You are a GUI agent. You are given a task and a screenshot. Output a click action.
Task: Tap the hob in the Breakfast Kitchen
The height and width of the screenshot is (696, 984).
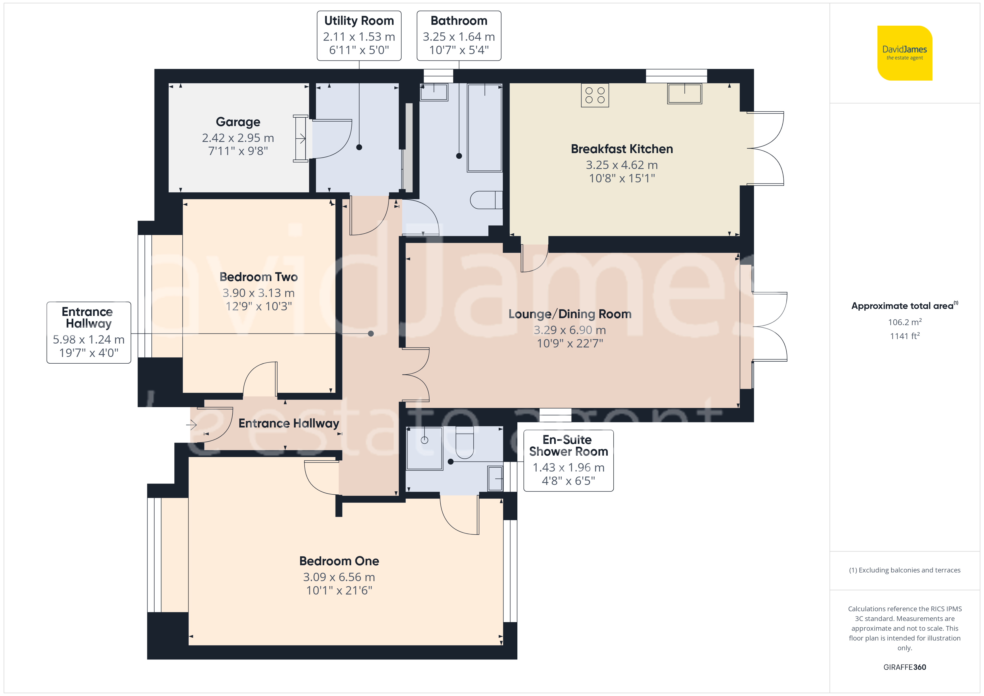coord(595,95)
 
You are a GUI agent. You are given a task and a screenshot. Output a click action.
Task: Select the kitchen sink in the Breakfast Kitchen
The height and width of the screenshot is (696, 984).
coord(684,93)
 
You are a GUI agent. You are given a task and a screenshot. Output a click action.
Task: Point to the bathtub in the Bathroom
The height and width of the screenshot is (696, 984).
coord(485,128)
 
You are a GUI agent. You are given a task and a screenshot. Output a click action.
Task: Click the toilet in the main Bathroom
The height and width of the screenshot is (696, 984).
coord(486,200)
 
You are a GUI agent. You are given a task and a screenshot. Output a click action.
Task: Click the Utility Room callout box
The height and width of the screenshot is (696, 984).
coord(359,36)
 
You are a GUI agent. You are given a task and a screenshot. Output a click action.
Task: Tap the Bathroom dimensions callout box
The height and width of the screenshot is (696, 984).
coord(459,36)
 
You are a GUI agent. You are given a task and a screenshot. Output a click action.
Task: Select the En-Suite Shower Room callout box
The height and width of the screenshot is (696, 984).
coord(569,461)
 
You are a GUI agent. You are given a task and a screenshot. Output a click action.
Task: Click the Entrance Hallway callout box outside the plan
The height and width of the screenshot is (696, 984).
coord(89,333)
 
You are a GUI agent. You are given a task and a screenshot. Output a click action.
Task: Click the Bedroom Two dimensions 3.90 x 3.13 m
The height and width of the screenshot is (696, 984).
coord(259,293)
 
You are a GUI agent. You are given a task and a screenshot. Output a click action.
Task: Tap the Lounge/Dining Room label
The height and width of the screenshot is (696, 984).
coord(570,314)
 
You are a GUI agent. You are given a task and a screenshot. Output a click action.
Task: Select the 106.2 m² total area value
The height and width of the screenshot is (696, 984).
coord(905,322)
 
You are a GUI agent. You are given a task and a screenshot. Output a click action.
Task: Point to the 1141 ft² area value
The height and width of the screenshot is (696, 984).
coord(905,336)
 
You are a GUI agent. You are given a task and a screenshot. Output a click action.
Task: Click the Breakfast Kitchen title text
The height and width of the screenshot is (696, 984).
coord(622,149)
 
